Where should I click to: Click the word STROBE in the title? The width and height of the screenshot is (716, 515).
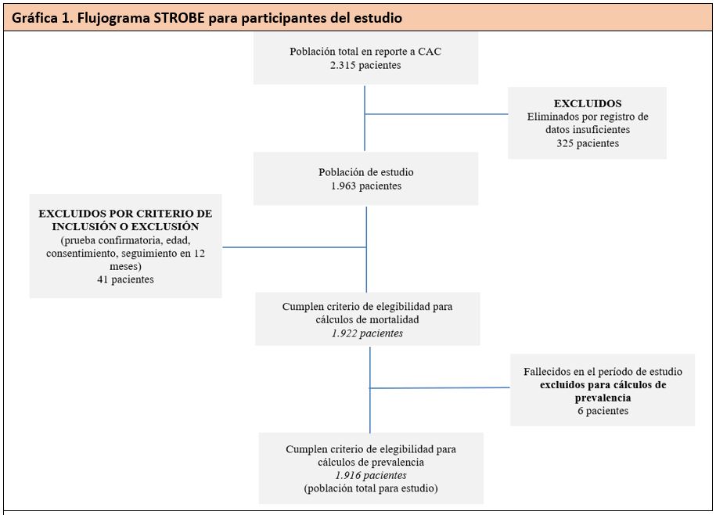(x=179, y=18)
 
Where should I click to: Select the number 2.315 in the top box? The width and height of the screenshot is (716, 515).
(x=343, y=65)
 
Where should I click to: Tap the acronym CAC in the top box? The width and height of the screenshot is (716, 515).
(x=430, y=52)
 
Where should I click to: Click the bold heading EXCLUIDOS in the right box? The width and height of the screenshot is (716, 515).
(x=588, y=103)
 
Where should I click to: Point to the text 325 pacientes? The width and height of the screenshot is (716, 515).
(x=588, y=143)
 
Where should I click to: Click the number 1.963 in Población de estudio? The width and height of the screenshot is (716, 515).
(x=344, y=186)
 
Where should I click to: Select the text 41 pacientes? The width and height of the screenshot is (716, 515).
(x=125, y=279)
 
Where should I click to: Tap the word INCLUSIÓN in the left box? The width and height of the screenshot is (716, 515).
(x=80, y=226)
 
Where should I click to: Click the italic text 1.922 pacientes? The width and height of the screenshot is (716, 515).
(x=368, y=333)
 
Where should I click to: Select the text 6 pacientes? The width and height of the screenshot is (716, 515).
(x=603, y=411)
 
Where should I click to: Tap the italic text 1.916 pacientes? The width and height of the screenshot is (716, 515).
(x=371, y=475)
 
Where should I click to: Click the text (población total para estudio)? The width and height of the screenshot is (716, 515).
(x=371, y=488)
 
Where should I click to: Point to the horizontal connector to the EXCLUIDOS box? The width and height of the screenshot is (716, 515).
(x=436, y=114)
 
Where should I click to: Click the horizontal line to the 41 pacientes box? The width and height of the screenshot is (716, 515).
(x=294, y=247)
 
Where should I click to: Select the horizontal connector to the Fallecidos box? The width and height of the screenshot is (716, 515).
(x=440, y=388)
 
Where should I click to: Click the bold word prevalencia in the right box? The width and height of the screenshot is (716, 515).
(x=603, y=398)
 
